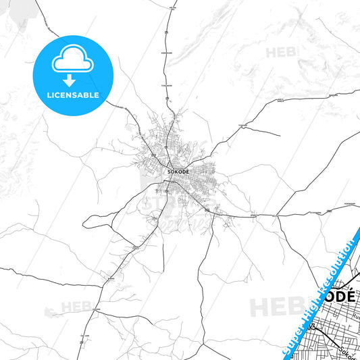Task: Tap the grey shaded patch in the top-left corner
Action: pyautogui.click(x=17, y=8)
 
